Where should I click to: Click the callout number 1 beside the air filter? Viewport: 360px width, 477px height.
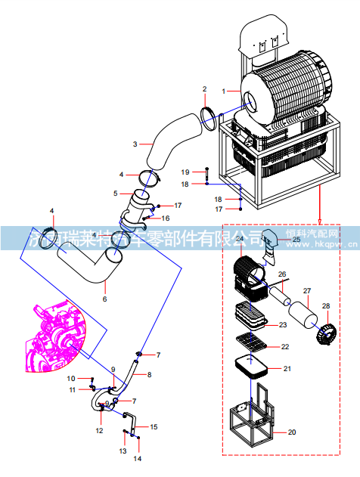coord(224,91)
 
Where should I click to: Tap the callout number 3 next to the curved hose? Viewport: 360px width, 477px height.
coord(135,143)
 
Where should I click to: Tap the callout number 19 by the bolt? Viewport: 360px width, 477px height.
coord(185,172)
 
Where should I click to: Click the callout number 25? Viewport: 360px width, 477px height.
coord(296,240)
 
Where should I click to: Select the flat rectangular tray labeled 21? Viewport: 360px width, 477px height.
coord(253,369)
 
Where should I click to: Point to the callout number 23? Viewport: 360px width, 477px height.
coord(283,325)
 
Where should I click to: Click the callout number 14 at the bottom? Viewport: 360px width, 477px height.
coord(138,458)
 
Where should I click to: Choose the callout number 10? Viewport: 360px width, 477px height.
coord(71,378)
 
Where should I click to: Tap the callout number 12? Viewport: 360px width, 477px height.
coord(99,430)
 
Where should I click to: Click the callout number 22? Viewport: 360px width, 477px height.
coord(285,347)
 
